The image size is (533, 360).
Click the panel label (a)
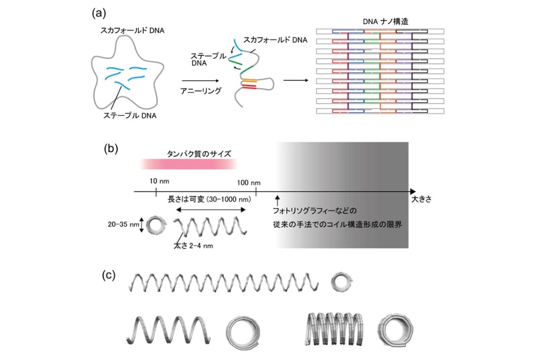click(99, 13)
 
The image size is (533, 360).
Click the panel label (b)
click(111, 149)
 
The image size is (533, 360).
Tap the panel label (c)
click(109, 275)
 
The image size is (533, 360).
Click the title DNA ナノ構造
click(385, 22)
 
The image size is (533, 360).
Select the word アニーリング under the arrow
click(201, 91)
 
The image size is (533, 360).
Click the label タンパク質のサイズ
click(199, 154)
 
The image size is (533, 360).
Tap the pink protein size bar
click(189, 164)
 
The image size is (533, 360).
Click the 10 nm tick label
click(159, 181)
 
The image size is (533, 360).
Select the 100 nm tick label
click(249, 183)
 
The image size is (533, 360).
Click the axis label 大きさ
click(421, 199)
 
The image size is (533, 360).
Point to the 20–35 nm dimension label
click(123, 224)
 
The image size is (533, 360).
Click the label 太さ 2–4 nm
click(193, 246)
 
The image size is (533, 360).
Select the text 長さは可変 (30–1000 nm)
click(209, 199)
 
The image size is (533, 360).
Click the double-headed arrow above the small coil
click(211, 210)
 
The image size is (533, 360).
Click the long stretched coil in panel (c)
click(224, 283)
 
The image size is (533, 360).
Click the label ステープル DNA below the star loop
click(130, 116)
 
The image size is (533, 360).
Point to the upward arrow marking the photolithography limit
click(277, 200)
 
